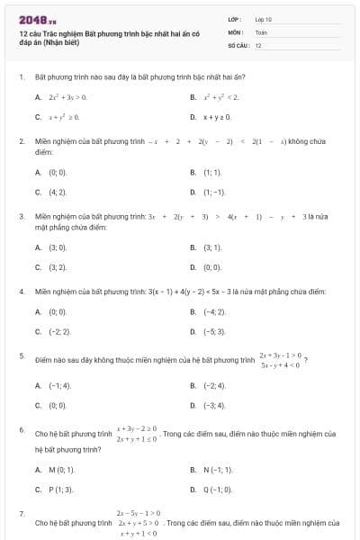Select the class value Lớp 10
pos(263,19)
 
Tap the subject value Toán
pos(261,31)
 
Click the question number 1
pos(21,77)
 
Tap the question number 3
pos(21,217)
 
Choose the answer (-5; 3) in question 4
pos(215,331)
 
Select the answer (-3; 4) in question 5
pos(215,406)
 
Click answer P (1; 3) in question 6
pos(60,490)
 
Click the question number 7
pos(21,513)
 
